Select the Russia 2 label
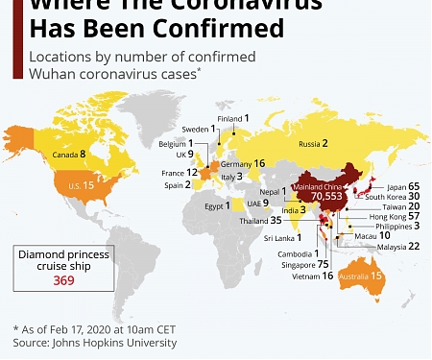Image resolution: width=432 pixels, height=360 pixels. coord(312,144)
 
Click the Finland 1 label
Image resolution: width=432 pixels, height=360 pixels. coord(233,118)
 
